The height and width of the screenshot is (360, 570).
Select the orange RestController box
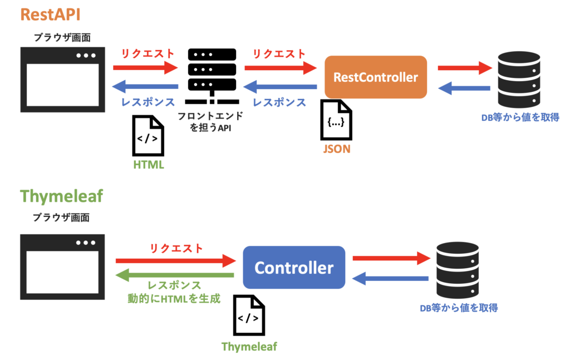[375, 77]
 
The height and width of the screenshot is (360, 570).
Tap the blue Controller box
[294, 268]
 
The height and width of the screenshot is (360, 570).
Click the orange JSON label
[336, 149]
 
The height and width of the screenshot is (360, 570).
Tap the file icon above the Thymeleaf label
[249, 316]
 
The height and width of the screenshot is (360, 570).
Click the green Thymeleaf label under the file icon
[249, 347]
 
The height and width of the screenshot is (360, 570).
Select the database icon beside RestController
[519, 78]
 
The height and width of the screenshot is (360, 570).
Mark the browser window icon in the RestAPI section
[62, 80]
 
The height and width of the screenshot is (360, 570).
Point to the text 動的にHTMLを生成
[174, 298]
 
